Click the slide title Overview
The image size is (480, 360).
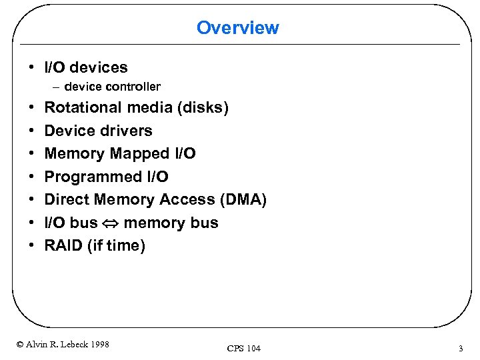[237, 28]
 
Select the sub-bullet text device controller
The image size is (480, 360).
[112, 87]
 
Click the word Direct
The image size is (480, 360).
[67, 200]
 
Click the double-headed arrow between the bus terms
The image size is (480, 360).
[111, 223]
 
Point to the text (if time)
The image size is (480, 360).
[116, 246]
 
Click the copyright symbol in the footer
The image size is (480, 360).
[19, 345]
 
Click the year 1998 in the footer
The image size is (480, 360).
[100, 345]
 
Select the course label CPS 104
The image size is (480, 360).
[244, 349]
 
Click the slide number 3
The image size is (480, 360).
[460, 348]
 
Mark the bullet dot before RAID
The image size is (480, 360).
[33, 246]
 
